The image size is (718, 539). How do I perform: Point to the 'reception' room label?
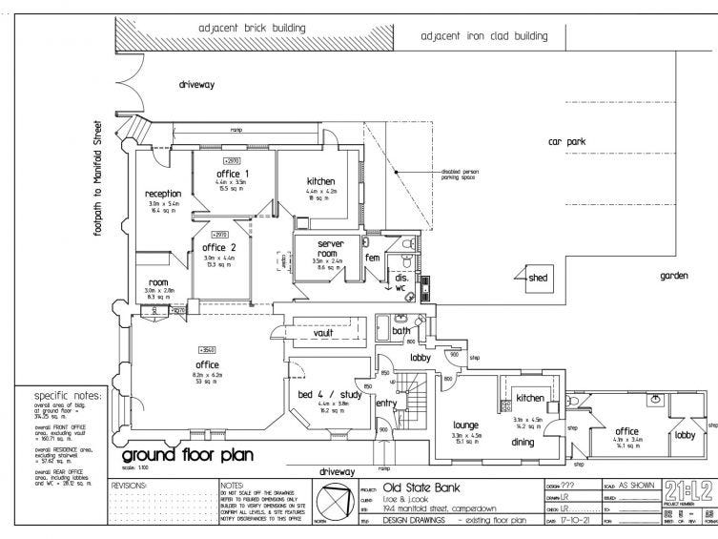pos(163,194)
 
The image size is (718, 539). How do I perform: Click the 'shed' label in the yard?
pos(540,279)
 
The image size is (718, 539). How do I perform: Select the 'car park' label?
pos(565,141)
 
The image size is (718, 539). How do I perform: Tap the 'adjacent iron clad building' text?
pos(484,37)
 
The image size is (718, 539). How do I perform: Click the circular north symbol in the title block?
pos(338,502)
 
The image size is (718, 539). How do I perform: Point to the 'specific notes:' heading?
pos(67,395)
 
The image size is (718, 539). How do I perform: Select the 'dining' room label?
pos(523,442)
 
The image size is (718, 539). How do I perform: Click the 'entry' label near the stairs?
pos(385,404)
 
